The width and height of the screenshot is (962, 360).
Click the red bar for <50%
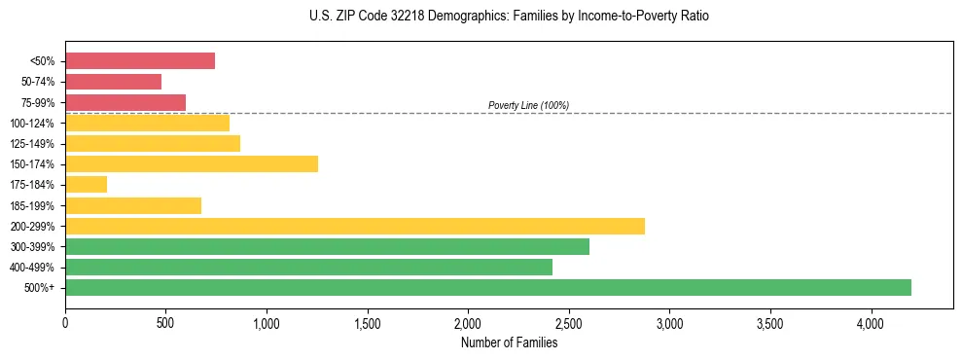[140, 61]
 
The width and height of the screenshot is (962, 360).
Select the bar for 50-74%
[113, 82]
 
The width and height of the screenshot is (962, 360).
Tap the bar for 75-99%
[125, 102]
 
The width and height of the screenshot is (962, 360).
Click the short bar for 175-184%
[86, 185]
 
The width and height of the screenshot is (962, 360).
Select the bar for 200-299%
[355, 226]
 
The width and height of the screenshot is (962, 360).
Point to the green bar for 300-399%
[327, 246]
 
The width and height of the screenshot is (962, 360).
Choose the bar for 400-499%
[308, 267]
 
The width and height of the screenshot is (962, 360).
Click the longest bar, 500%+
[488, 287]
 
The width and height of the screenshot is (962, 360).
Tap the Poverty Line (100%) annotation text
[528, 105]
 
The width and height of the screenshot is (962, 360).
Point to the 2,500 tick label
[569, 322]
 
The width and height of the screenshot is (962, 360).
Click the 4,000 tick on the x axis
[871, 322]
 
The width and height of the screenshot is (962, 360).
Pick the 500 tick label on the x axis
[165, 322]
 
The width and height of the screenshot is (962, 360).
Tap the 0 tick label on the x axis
[65, 322]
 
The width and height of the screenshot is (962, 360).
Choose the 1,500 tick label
[368, 322]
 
